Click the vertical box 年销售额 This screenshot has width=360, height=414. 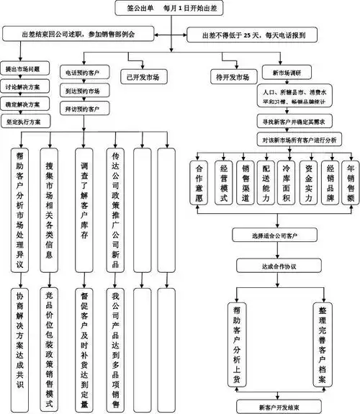click(349, 182)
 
